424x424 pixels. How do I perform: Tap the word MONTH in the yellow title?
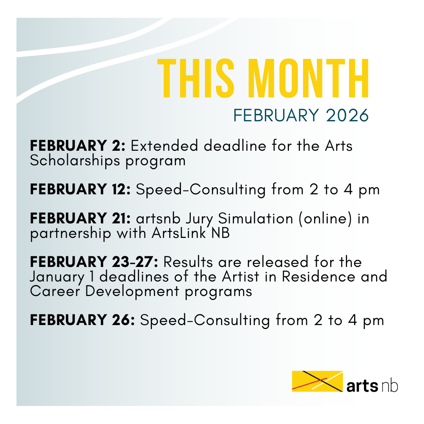click(308, 78)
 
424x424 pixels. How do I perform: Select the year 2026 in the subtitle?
click(347, 115)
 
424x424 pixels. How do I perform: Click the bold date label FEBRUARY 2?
click(78, 146)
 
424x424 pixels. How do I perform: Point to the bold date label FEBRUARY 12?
click(80, 189)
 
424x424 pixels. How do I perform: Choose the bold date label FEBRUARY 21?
click(80, 219)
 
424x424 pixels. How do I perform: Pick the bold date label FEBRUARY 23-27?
click(94, 262)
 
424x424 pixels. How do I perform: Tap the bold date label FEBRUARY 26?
click(82, 320)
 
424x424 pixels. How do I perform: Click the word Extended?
click(164, 146)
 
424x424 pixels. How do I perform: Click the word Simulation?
click(256, 219)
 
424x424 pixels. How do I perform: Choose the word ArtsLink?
click(179, 233)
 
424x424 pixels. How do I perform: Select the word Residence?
click(318, 277)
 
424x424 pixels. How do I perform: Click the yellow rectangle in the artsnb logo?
click(318, 381)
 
